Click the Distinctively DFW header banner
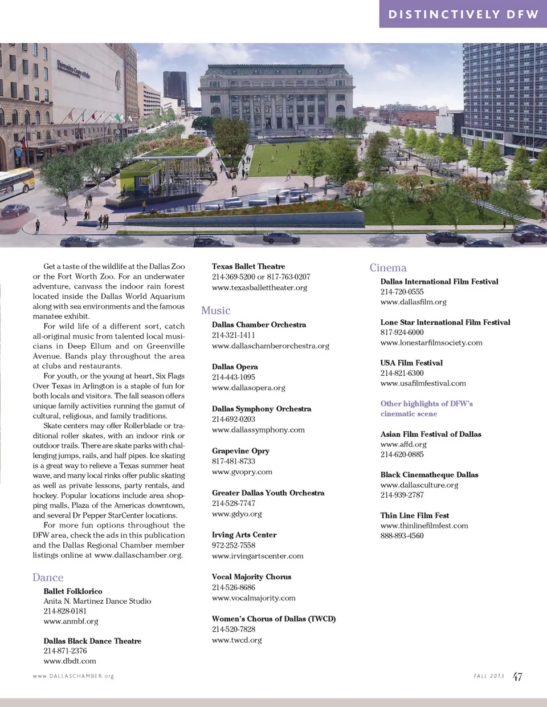point(463,14)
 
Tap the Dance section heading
point(48,578)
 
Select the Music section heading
point(215,310)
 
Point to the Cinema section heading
point(388,267)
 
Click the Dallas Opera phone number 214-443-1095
point(234,377)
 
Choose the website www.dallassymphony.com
point(258,430)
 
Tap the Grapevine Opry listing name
point(240,450)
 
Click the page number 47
point(517,677)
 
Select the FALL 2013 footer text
point(489,676)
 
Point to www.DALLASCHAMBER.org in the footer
point(74,676)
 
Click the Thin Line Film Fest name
point(415,515)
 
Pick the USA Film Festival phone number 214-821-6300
point(402,373)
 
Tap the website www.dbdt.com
point(70,661)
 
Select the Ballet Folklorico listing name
point(73,591)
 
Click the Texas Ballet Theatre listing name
point(248,266)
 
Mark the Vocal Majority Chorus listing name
point(251,576)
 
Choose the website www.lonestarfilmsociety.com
point(431,343)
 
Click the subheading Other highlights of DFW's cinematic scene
point(426,408)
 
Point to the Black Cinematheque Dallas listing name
point(429,474)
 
